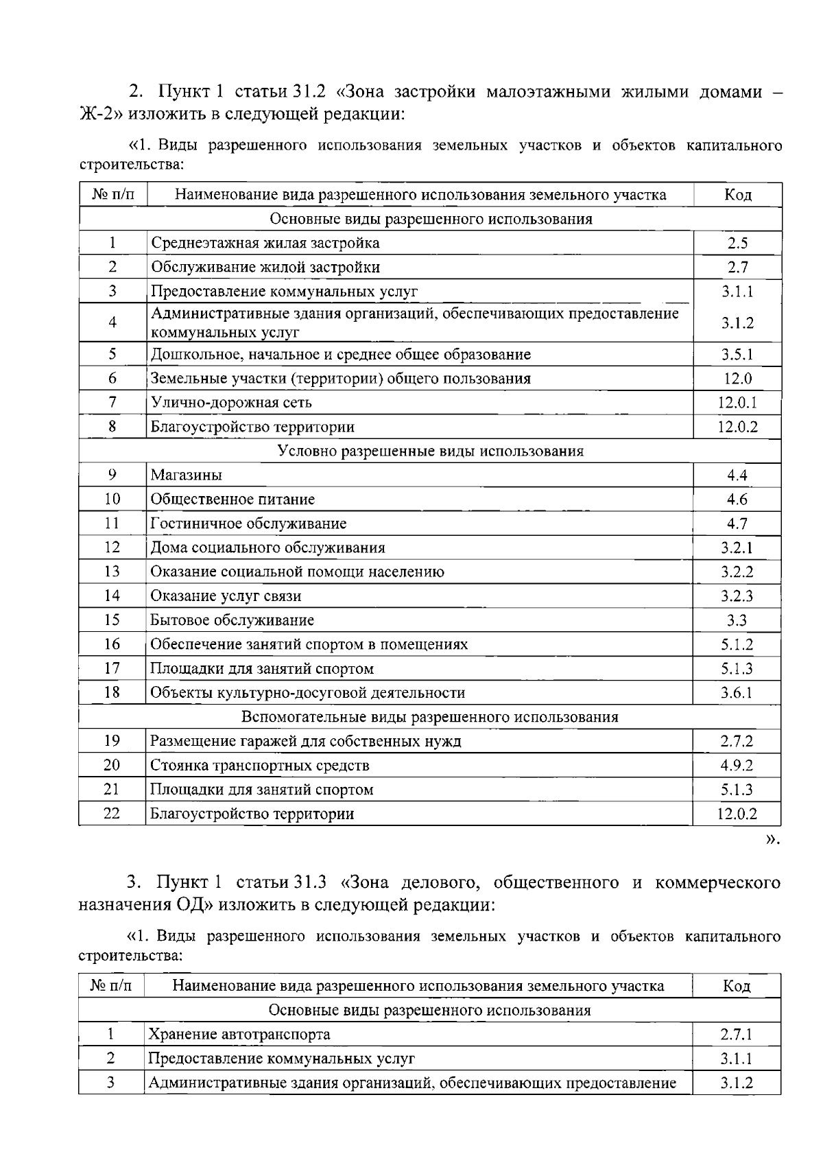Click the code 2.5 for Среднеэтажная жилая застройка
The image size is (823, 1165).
pyautogui.click(x=737, y=243)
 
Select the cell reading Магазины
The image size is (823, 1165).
pyautogui.click(x=187, y=475)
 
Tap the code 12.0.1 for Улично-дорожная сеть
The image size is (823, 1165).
pyautogui.click(x=737, y=403)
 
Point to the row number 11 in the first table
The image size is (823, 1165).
pyautogui.click(x=112, y=523)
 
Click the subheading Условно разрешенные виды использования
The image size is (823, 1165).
pyautogui.click(x=430, y=451)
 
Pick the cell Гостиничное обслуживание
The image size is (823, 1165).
pyautogui.click(x=248, y=523)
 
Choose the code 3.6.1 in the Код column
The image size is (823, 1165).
pyautogui.click(x=737, y=693)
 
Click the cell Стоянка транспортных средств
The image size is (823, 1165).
pyautogui.click(x=260, y=765)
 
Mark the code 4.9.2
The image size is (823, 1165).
pyautogui.click(x=737, y=765)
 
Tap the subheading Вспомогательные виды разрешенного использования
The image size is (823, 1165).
pyautogui.click(x=429, y=717)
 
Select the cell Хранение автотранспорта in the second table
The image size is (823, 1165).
pyautogui.click(x=239, y=1034)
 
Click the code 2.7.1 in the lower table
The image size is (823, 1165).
pyautogui.click(x=737, y=1034)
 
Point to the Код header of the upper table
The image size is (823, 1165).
pyautogui.click(x=737, y=195)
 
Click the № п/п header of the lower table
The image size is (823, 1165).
pyautogui.click(x=110, y=986)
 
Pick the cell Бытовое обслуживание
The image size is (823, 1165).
pyautogui.click(x=232, y=620)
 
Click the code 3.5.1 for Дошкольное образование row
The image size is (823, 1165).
pyautogui.click(x=737, y=355)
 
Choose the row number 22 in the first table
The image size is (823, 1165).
pyautogui.click(x=112, y=814)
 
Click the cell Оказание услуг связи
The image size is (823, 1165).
pyautogui.click(x=226, y=596)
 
